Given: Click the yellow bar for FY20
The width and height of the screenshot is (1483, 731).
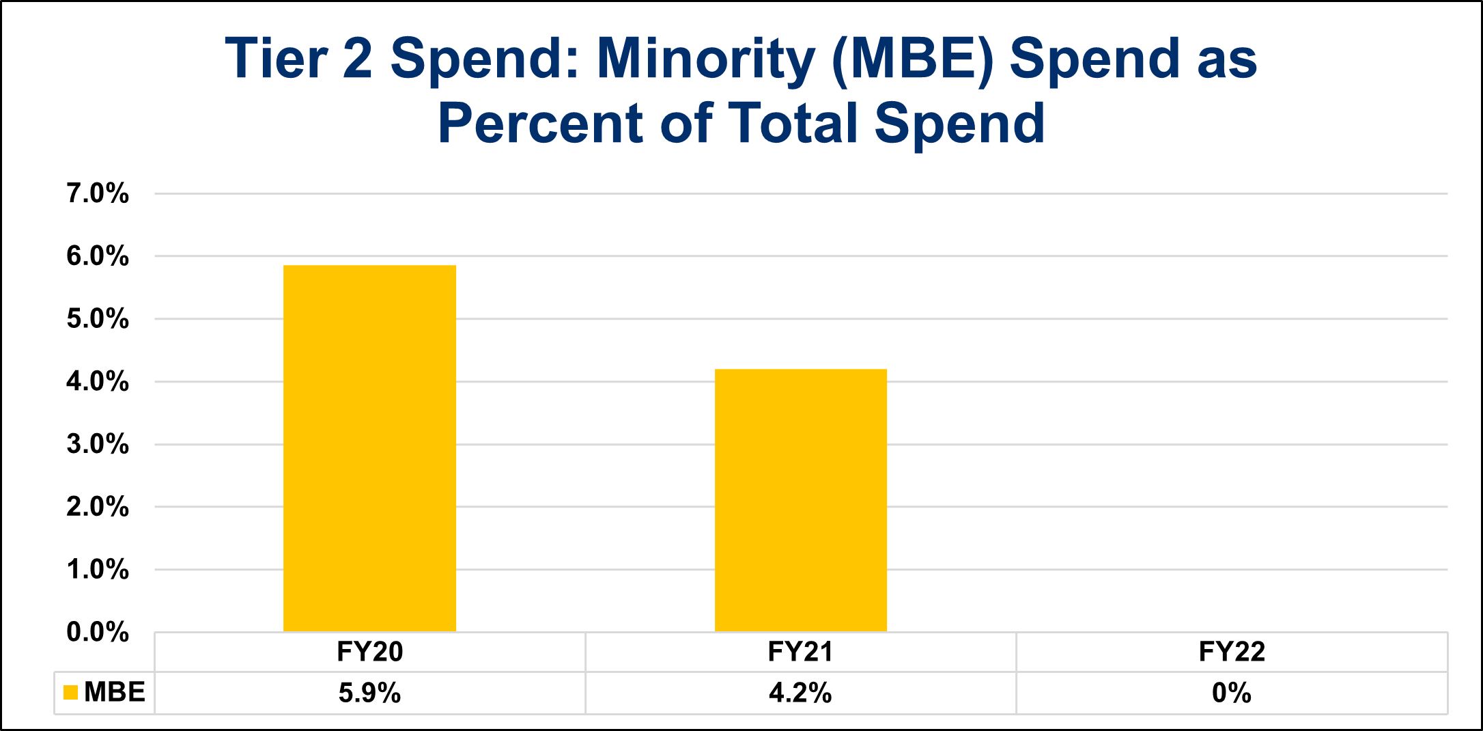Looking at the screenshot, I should point(369,448).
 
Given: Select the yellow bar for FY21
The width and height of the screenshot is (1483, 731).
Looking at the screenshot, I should point(801,500).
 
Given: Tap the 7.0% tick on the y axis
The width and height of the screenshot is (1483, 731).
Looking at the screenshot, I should point(98,194).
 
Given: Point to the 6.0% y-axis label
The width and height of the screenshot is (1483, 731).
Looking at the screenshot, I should point(98,256).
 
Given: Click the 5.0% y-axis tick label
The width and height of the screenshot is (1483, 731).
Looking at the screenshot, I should point(98,319).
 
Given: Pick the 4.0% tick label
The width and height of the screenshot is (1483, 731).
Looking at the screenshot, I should point(98,381).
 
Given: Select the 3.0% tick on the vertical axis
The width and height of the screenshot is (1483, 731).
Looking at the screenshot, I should point(98,444).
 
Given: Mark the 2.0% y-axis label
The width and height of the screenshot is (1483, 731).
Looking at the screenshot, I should point(98,507).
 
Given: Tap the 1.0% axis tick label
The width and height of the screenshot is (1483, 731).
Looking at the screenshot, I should point(98,569).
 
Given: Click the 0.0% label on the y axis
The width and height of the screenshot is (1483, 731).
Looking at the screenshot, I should point(98,632).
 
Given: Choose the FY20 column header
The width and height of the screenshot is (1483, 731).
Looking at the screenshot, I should point(369,652).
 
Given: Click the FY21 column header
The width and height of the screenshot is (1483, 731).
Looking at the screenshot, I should point(801,652).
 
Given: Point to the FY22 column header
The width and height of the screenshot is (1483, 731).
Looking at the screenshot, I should point(1232,652).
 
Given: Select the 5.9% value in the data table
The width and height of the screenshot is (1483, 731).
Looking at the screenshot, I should point(369,693).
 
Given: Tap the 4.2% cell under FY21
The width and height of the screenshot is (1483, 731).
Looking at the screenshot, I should point(801,693).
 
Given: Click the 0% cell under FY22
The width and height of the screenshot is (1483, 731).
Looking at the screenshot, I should point(1232,693).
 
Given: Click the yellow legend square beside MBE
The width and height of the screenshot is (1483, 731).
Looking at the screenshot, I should point(70,693).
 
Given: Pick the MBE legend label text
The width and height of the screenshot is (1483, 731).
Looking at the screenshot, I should point(115,693).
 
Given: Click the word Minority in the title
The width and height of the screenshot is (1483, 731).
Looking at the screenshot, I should point(705,60).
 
